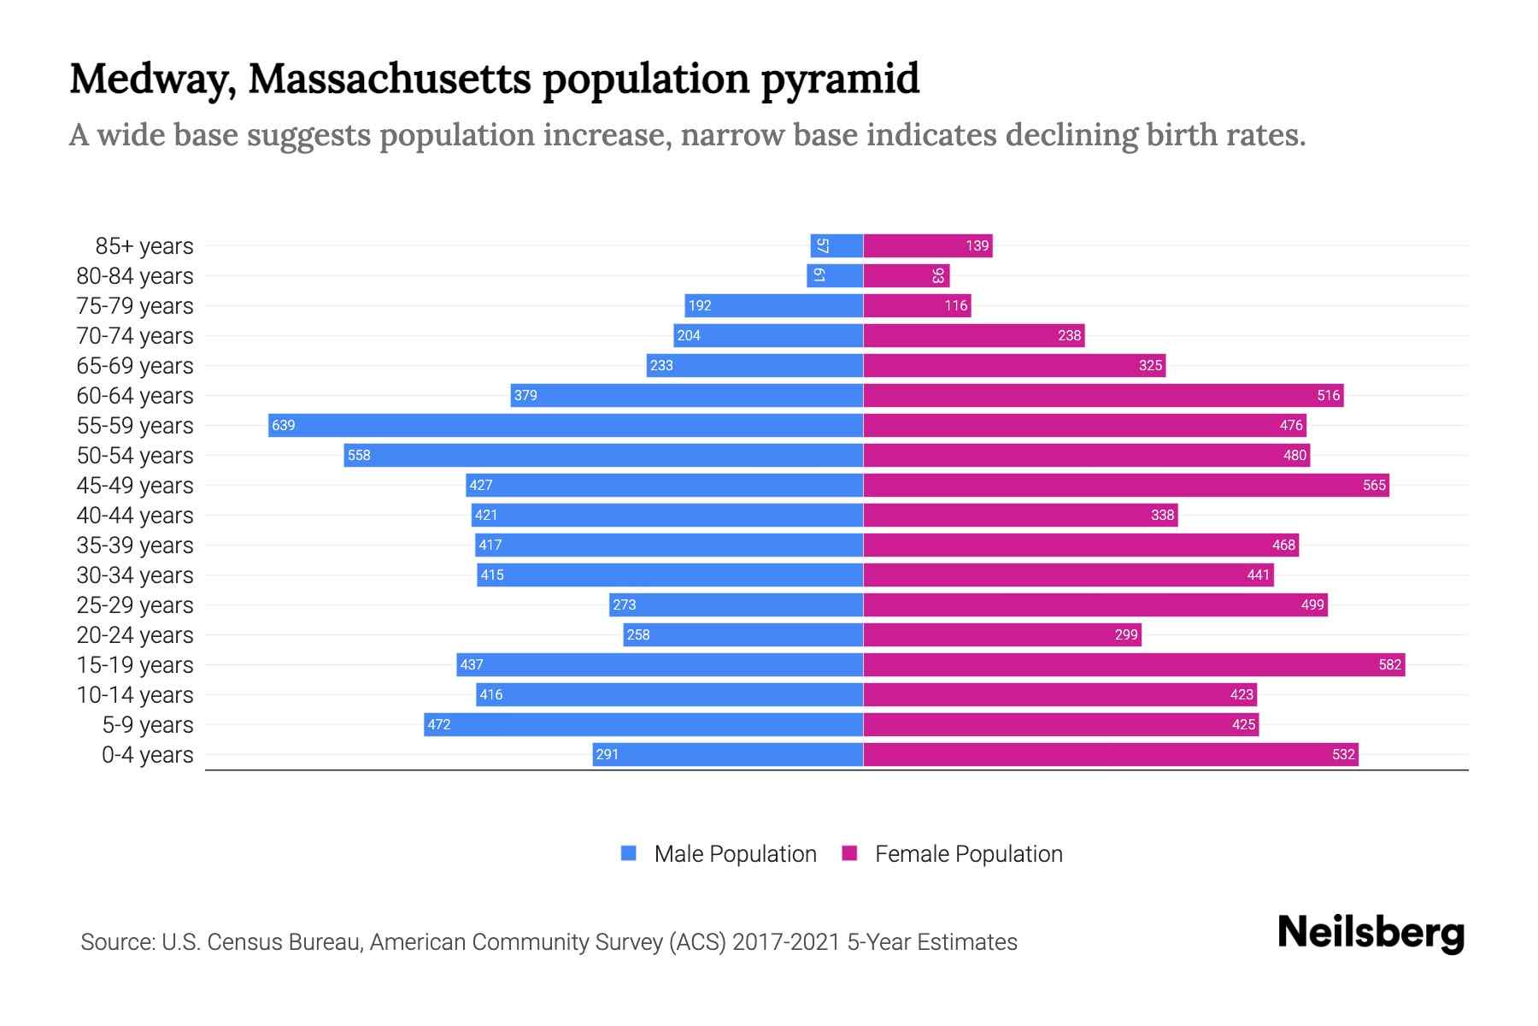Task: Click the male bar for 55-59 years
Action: (566, 425)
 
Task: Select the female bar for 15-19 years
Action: (1134, 664)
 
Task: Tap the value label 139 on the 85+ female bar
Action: (977, 246)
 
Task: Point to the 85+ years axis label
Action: (144, 246)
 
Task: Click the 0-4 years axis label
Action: (147, 755)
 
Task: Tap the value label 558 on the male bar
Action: (359, 455)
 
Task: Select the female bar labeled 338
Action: (1020, 515)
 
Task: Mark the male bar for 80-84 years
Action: (835, 275)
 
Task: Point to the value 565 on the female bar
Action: (1374, 485)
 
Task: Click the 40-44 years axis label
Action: (135, 516)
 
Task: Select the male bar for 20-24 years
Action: (743, 634)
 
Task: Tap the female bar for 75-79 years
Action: (917, 305)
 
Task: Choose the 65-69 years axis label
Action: (135, 366)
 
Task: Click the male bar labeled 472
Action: (643, 724)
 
